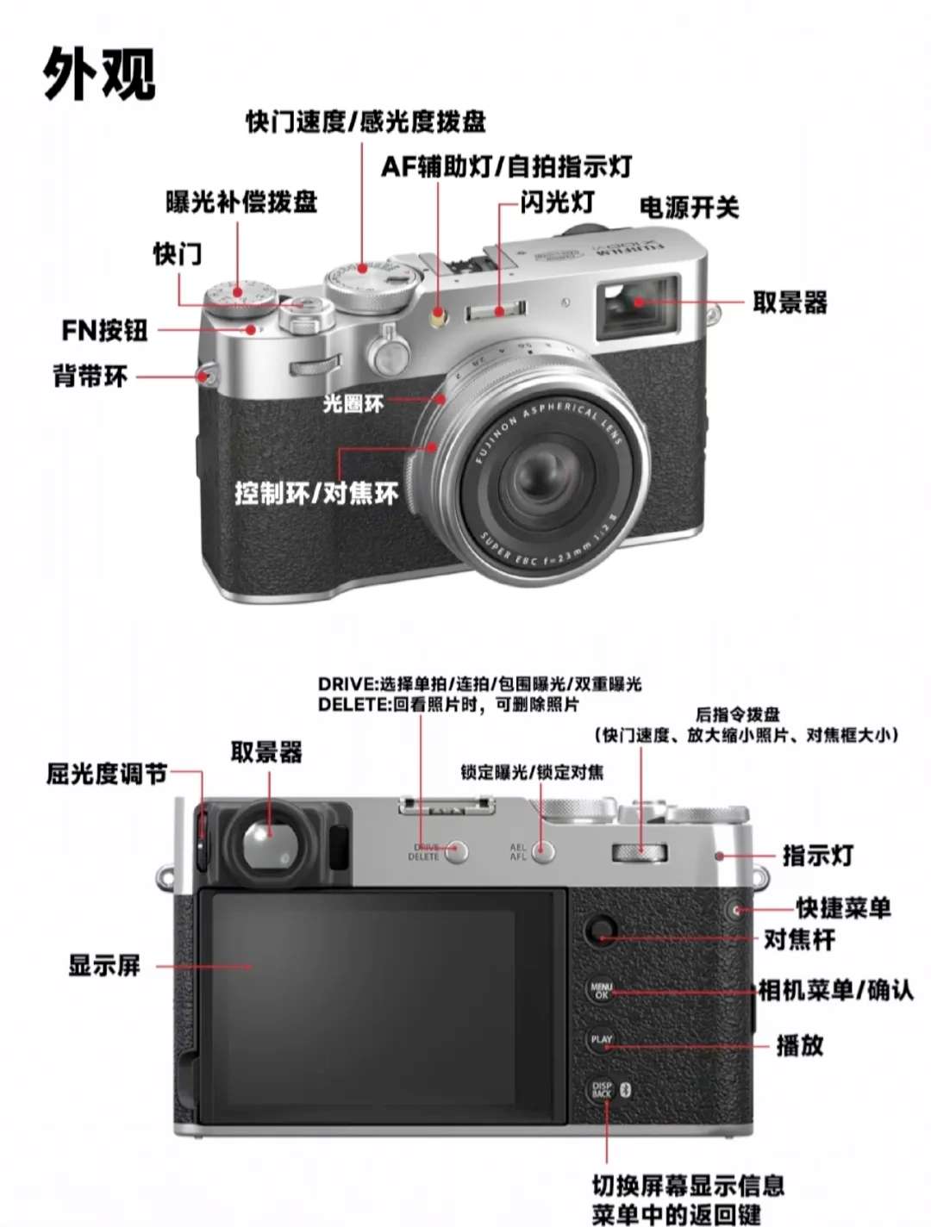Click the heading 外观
(99, 73)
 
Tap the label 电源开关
(689, 208)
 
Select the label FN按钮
(105, 330)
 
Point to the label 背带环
(91, 377)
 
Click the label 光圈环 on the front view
(353, 402)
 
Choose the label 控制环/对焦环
(316, 494)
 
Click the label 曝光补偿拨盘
(241, 202)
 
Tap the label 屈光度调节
(107, 774)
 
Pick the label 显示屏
(104, 965)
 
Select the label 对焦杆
(799, 939)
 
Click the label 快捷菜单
(843, 908)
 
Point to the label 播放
(799, 1045)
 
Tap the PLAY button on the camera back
(601, 1040)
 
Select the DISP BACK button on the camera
(602, 1090)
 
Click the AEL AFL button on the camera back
(543, 852)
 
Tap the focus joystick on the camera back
(600, 931)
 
